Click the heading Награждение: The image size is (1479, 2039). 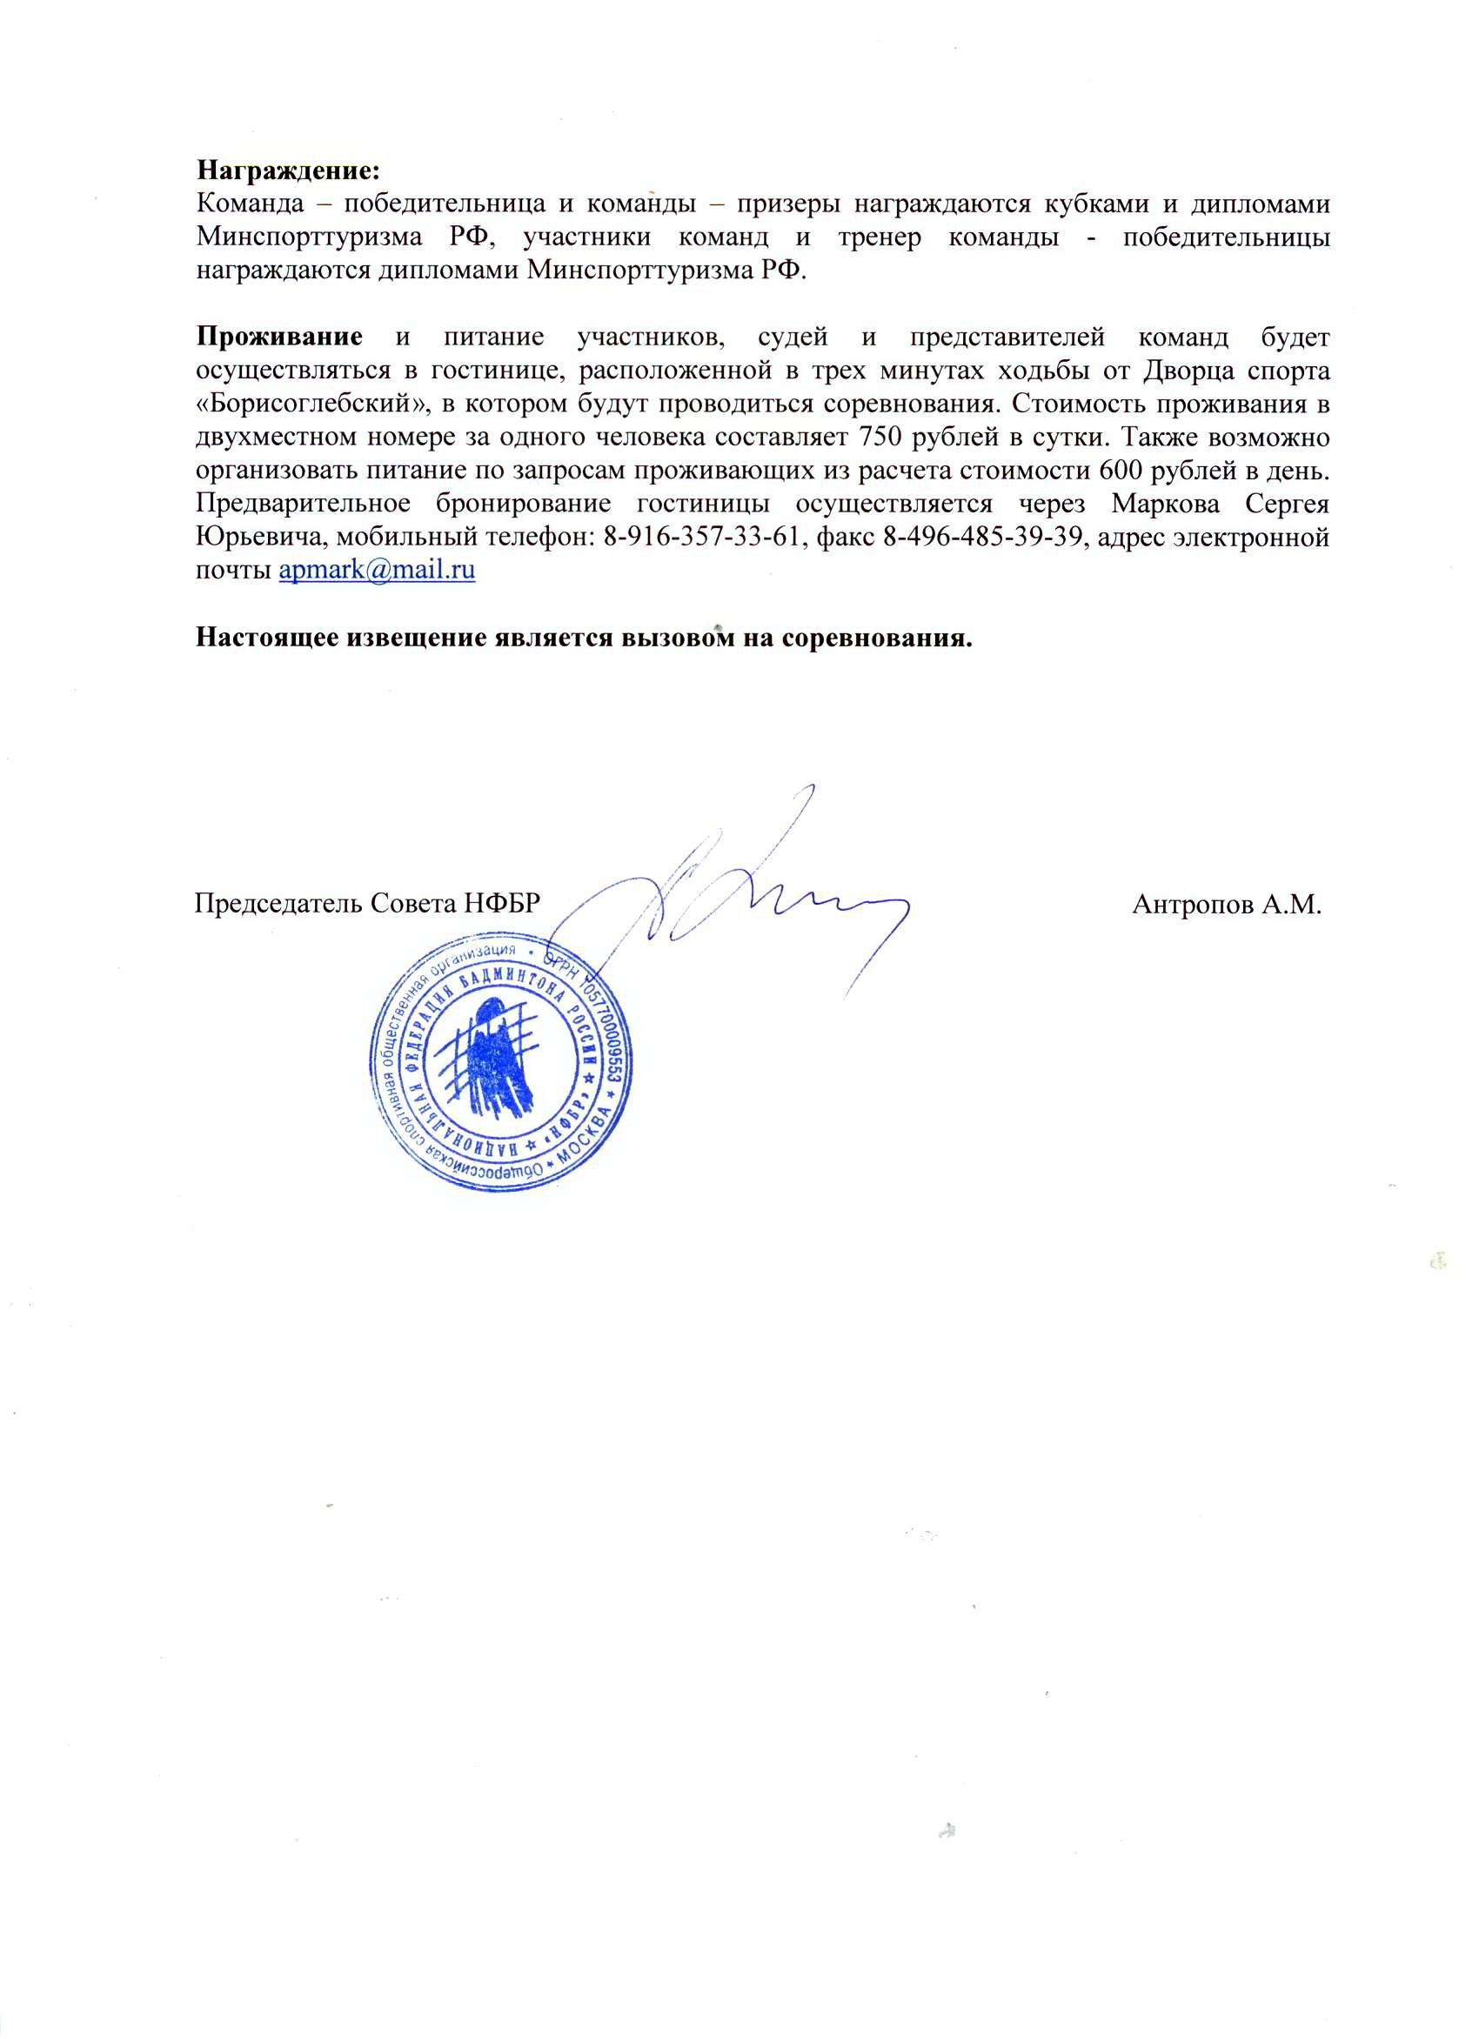289,170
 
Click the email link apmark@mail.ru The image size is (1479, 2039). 377,570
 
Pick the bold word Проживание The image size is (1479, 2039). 279,338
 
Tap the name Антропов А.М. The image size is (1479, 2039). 1227,904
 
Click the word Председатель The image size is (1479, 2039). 278,904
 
